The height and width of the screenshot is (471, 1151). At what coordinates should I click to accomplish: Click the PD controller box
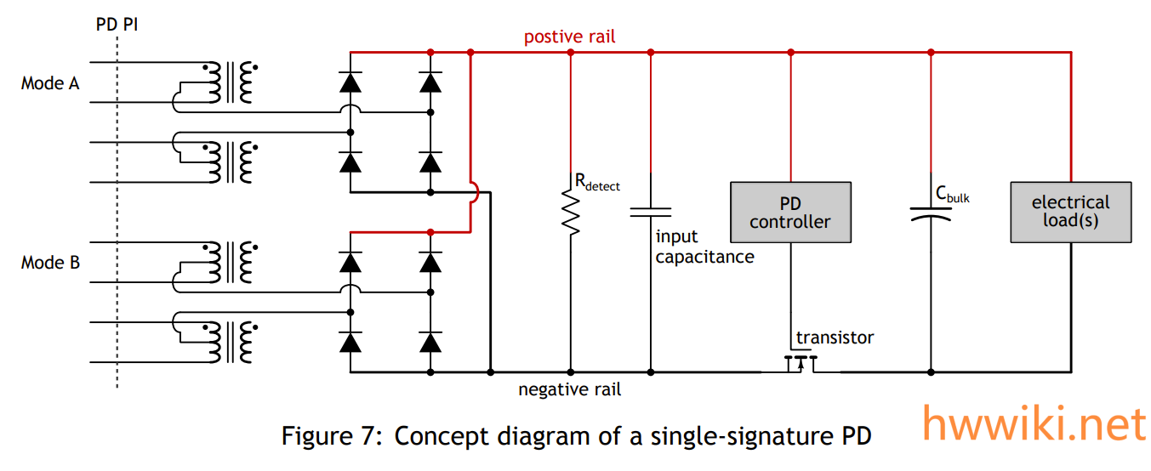point(791,213)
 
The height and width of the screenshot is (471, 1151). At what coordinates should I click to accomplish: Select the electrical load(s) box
point(1070,212)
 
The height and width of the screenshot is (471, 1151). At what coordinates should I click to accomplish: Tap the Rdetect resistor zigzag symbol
point(571,213)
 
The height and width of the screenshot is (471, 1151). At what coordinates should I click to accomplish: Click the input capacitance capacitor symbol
point(651,211)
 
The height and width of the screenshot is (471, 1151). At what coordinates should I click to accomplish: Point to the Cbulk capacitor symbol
point(931,213)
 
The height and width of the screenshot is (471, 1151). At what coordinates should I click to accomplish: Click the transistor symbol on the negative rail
point(800,364)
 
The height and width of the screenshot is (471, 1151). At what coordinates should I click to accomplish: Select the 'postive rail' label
point(569,37)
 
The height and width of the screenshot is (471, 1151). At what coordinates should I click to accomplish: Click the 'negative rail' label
point(569,390)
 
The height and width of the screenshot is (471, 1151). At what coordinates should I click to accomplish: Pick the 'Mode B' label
point(50,263)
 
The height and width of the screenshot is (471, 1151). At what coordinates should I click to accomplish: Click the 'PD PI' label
point(117,25)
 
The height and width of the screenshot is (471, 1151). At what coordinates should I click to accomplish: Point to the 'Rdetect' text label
point(597,183)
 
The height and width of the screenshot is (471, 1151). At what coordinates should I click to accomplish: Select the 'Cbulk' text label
point(953,195)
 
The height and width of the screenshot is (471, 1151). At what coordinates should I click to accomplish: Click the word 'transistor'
point(835,338)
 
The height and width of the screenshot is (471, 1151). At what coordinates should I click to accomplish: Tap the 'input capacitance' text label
point(704,247)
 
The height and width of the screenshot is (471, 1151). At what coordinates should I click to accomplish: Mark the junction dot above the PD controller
point(791,53)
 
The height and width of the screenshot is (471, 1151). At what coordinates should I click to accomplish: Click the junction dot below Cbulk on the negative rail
point(931,372)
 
